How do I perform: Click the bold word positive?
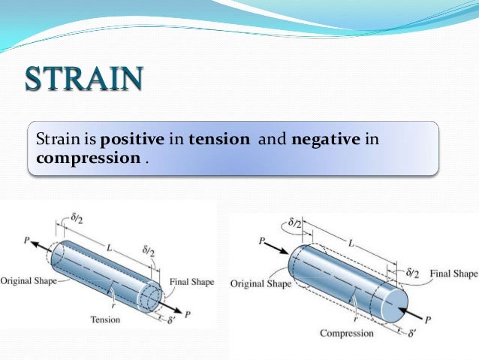(x=128, y=140)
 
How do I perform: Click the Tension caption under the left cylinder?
(x=105, y=319)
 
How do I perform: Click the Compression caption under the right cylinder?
(x=346, y=332)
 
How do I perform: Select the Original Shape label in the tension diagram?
(x=28, y=281)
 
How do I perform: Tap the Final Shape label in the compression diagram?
(x=453, y=274)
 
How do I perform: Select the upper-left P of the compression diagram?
(x=261, y=242)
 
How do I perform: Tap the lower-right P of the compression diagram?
(x=428, y=319)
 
